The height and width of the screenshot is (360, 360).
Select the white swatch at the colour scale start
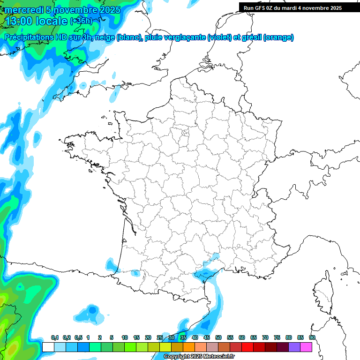click(x=48, y=347)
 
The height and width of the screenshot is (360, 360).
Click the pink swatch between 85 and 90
click(x=306, y=347)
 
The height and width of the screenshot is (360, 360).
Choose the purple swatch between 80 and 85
click(x=294, y=347)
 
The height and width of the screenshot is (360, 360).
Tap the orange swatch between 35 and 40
click(x=189, y=347)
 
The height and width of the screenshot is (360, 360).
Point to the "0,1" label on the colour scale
click(x=55, y=338)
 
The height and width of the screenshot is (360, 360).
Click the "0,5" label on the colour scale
click(x=78, y=338)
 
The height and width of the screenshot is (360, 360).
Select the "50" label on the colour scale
click(x=218, y=338)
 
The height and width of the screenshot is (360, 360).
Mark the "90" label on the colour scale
click(x=312, y=338)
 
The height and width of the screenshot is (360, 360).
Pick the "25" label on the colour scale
click(x=160, y=338)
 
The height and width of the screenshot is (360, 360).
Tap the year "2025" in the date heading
click(x=106, y=10)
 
